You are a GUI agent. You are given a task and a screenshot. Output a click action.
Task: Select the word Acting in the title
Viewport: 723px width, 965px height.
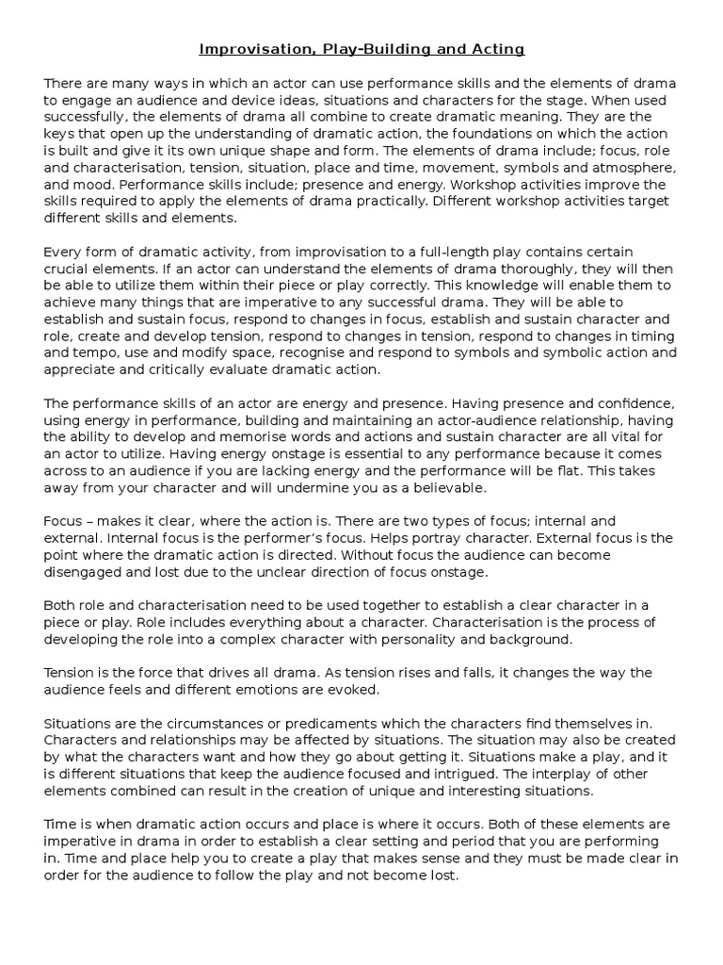(496, 48)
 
